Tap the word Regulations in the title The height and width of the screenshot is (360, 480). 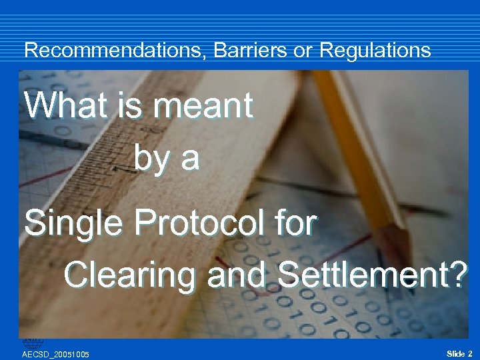coord(375,50)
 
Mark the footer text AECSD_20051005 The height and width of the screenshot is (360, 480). coord(56,354)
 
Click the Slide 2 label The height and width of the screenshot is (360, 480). coord(459,353)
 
